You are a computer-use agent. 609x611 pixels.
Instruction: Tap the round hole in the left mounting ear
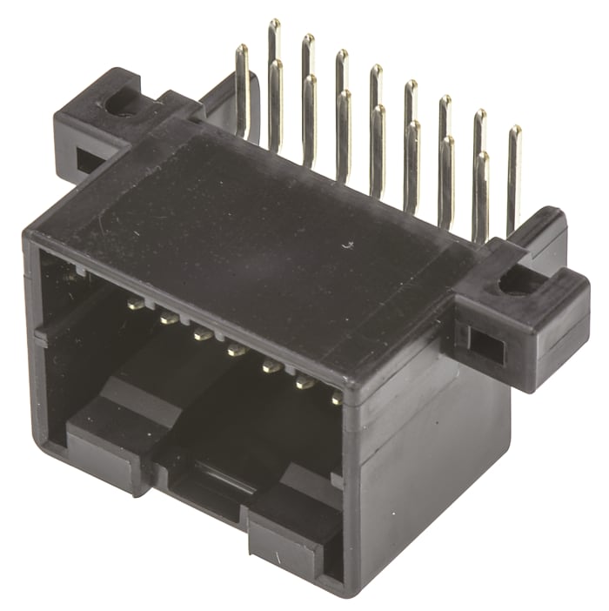click(x=118, y=105)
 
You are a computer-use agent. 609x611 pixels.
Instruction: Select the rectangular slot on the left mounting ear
click(x=88, y=161)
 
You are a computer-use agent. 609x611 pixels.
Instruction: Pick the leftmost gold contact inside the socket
click(x=136, y=305)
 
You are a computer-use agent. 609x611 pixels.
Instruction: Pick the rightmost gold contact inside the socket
click(x=336, y=399)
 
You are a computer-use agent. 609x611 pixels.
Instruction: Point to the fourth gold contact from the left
click(x=236, y=351)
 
